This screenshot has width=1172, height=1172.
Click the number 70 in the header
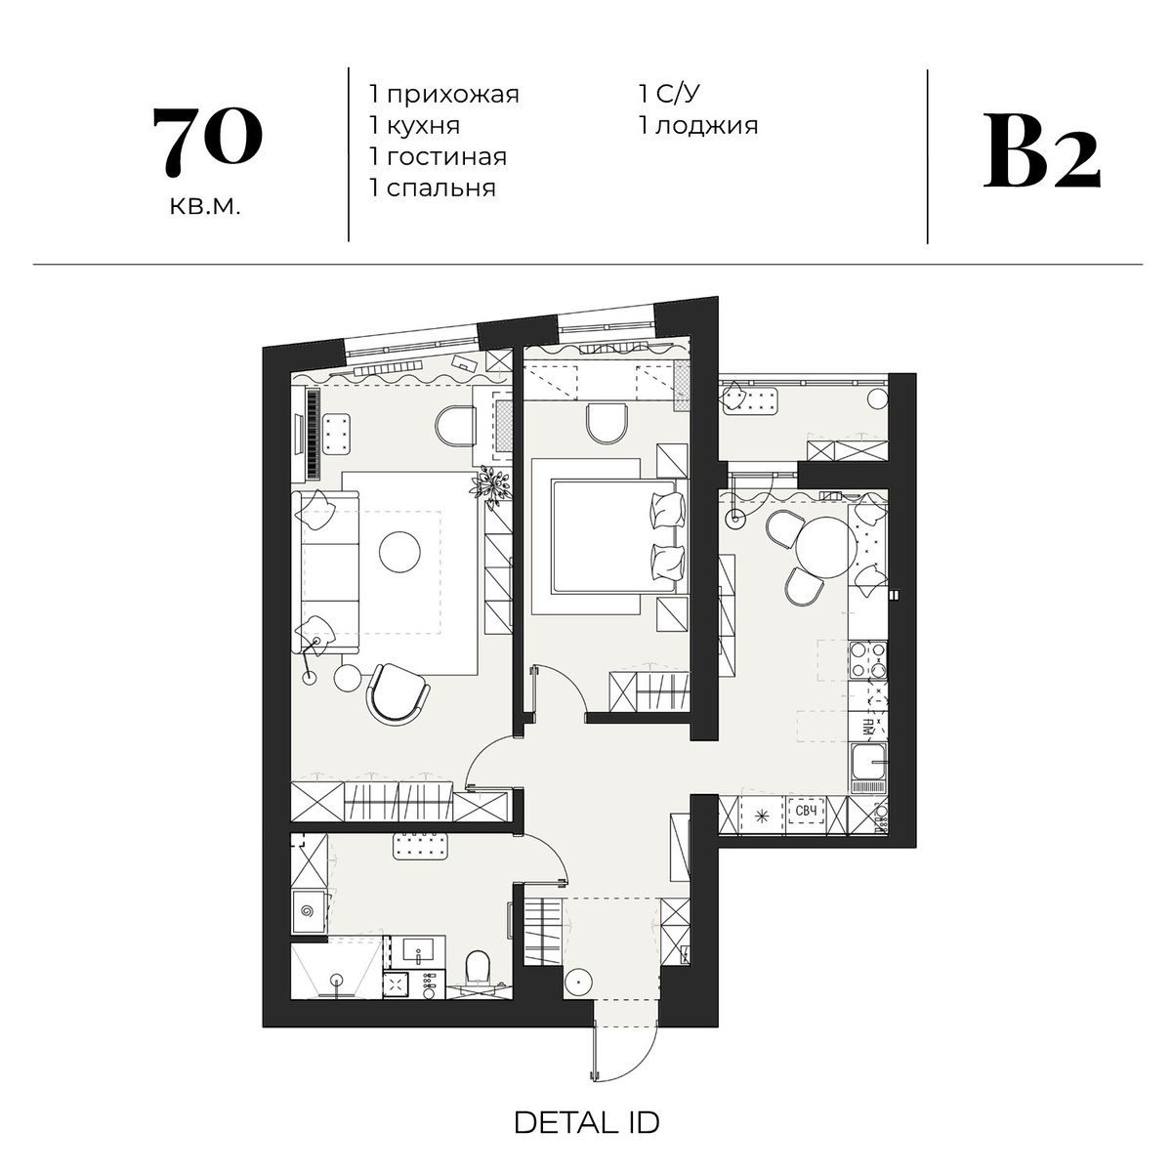pos(207,142)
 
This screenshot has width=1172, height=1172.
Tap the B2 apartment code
pos(1041,152)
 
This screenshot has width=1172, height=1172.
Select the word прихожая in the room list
pos(452,95)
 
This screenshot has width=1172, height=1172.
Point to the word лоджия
pos(707,126)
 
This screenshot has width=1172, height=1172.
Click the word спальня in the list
pos(440,188)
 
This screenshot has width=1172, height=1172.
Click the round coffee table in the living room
pos(399,552)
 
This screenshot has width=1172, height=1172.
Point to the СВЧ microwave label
pos(805,812)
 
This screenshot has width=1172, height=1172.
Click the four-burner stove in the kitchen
pos(868,660)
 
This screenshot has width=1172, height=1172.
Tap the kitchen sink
pos(868,769)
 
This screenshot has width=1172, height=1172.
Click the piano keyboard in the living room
pos(314,434)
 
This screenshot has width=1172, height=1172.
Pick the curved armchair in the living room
pos(398,693)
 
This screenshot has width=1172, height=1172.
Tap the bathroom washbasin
pos(417,951)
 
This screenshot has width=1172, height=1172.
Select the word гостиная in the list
pos(446,157)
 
